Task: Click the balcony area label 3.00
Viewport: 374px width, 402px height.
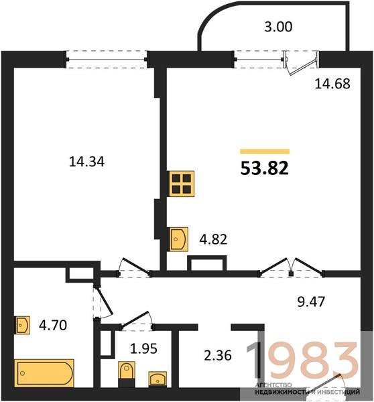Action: tap(278, 27)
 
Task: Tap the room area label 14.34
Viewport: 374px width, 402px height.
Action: tap(86, 162)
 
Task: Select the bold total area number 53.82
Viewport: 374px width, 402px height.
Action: tap(265, 168)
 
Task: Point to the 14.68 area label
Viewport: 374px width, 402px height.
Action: tap(332, 84)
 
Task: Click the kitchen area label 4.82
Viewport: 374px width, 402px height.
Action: tap(213, 239)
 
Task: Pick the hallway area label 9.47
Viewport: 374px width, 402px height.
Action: tap(311, 301)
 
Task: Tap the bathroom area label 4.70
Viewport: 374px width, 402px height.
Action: tap(53, 326)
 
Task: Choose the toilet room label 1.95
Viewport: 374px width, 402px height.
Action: tap(143, 348)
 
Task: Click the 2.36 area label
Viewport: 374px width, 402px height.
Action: tap(218, 356)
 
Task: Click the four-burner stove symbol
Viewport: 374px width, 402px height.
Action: tap(182, 184)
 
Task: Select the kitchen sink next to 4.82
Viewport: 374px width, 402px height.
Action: tap(179, 239)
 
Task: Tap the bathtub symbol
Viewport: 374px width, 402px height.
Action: tap(44, 373)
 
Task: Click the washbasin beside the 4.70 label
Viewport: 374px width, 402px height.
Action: tap(23, 325)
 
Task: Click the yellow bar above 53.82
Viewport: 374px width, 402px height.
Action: tap(265, 151)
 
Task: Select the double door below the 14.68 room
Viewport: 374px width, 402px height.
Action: tap(291, 268)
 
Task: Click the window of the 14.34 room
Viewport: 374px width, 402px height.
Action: tap(106, 60)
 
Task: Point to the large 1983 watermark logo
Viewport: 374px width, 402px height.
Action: tap(303, 360)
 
